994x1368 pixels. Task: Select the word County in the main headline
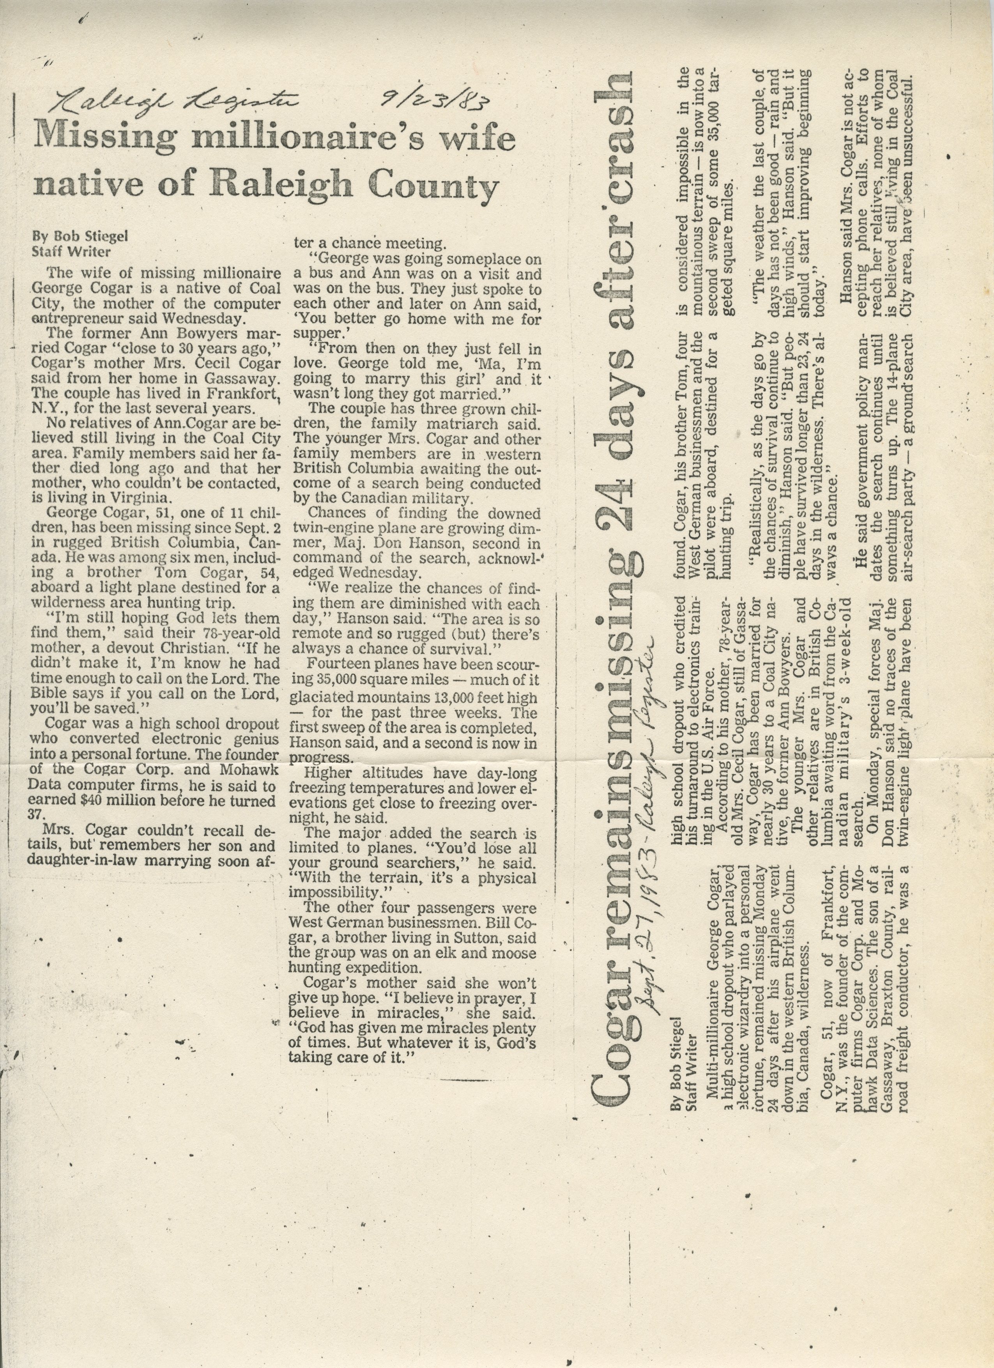[x=434, y=186]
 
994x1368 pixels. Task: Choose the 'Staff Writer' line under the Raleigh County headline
[x=71, y=252]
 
